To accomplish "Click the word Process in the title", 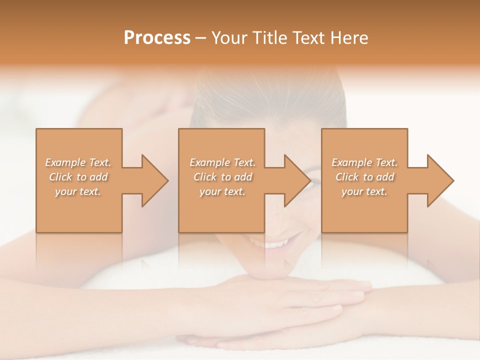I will click(x=157, y=38).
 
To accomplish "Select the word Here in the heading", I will click(x=349, y=38).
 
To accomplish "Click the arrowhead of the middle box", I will click(x=297, y=180).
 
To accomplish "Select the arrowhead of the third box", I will click(x=440, y=180).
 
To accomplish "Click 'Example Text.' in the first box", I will click(x=78, y=162).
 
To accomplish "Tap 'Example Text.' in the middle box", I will click(x=222, y=162).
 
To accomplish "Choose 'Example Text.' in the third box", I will click(x=364, y=162).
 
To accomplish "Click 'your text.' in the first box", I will click(x=78, y=191).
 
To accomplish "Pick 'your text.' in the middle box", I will click(x=222, y=191).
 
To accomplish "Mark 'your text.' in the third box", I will click(x=364, y=191).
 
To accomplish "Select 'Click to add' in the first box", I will click(x=78, y=177).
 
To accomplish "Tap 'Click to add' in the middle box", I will click(x=222, y=177).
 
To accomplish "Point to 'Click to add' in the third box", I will click(x=364, y=177).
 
